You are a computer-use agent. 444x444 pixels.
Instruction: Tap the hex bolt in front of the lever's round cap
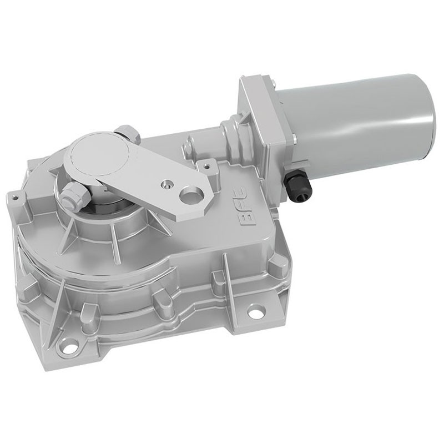pos(74,195)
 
